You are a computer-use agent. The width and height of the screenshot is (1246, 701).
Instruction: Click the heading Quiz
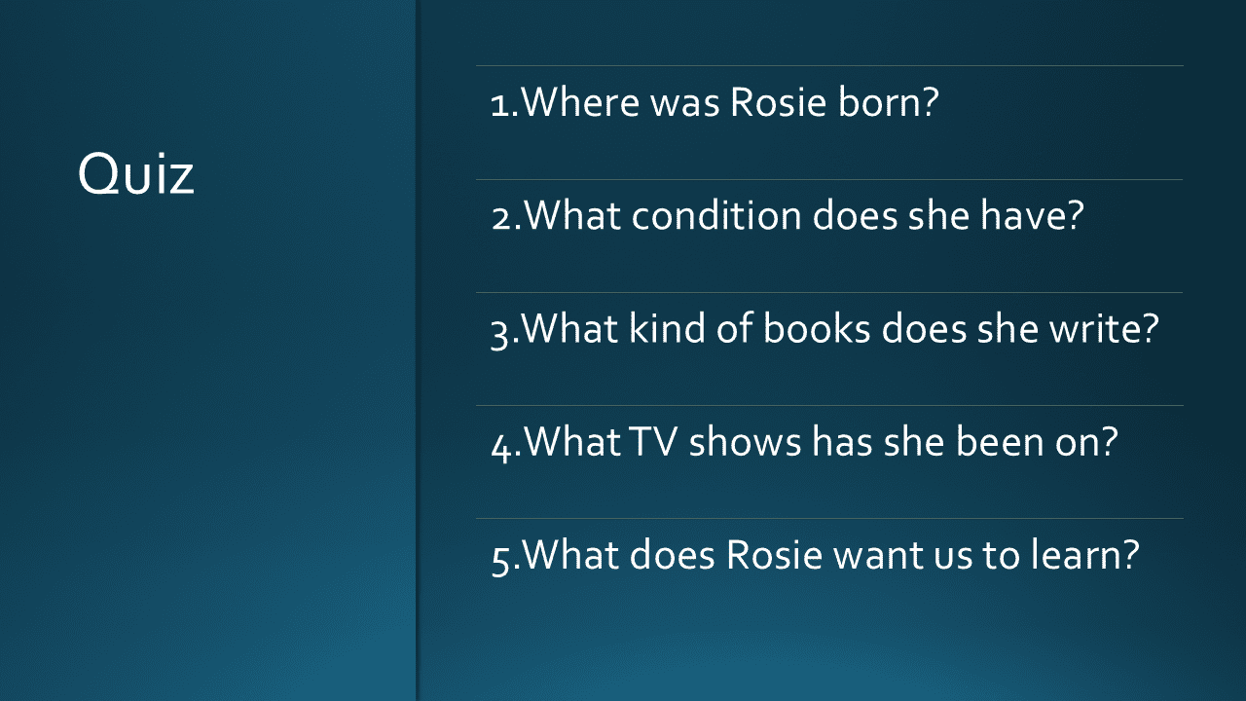(135, 173)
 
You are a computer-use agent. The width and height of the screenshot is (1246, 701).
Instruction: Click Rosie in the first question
(778, 102)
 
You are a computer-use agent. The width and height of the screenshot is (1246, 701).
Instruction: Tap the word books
(817, 328)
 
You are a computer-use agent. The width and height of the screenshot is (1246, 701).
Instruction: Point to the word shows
(745, 442)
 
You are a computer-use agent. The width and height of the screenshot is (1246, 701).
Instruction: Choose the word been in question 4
(1000, 442)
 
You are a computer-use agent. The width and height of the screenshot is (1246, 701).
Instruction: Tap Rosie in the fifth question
(774, 555)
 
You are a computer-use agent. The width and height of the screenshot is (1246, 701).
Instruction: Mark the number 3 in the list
(499, 334)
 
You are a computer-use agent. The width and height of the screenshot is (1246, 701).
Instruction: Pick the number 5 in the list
(500, 561)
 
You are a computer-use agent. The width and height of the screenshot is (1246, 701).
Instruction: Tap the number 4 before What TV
(501, 447)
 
